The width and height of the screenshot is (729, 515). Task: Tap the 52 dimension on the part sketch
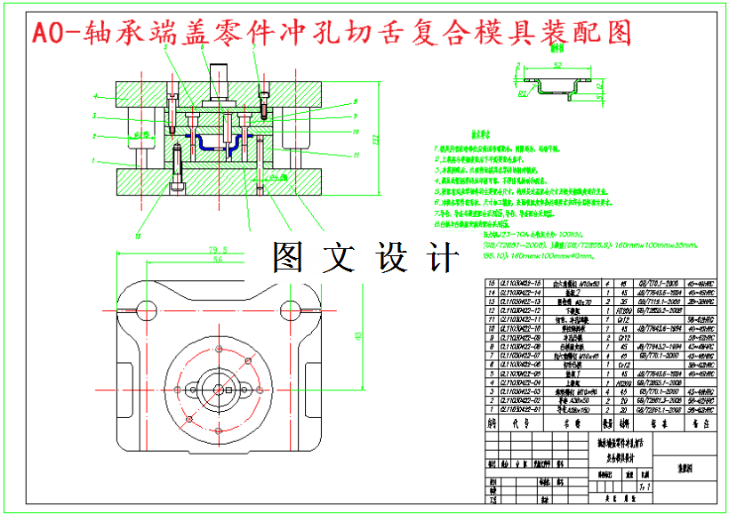557,66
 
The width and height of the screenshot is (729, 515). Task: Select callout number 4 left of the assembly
94,94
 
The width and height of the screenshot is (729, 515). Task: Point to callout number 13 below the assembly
138,236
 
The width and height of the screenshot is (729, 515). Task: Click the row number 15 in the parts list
489,283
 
